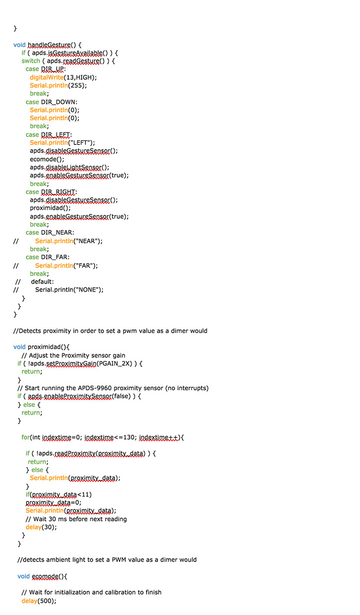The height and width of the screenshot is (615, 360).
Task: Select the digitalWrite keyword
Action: tap(47, 77)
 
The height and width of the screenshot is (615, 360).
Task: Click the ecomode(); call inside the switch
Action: tap(47, 159)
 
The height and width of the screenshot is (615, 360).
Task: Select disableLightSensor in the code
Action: tap(74, 167)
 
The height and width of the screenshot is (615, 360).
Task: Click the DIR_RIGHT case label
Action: tap(58, 192)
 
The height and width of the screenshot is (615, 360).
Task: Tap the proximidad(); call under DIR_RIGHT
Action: tap(50, 208)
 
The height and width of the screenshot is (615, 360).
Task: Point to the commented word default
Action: tap(42, 282)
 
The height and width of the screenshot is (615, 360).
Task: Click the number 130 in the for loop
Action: tap(129, 438)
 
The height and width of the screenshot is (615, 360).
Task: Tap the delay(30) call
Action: tap(41, 527)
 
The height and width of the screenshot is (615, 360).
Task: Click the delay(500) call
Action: tap(39, 601)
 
